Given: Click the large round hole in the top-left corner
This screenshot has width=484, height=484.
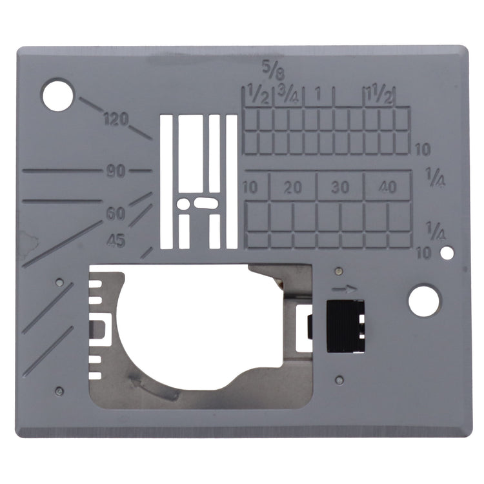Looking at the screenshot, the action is (57, 95).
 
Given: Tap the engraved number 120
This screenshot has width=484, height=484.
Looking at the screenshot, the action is (116, 119).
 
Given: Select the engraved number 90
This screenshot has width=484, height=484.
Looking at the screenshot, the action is (116, 171).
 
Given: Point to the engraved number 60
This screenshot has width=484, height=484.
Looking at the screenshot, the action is (116, 214).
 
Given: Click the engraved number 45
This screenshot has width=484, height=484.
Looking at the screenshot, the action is (116, 240).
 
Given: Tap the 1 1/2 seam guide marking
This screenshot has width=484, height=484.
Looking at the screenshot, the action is (379, 95).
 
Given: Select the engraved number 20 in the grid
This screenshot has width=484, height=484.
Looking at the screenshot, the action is (293, 187).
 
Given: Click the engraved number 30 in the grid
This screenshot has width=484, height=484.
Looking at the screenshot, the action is (340, 187).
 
